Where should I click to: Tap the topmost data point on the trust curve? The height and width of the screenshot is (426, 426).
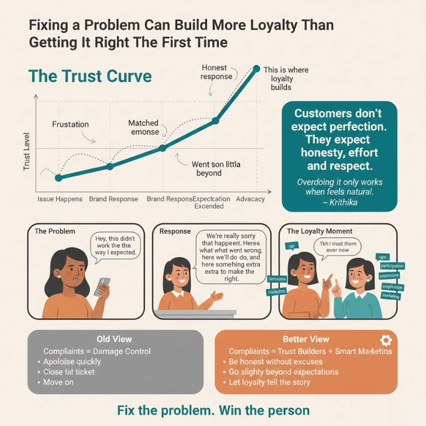click(x=256, y=69)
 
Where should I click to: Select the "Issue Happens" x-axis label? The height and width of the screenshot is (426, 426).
click(x=60, y=199)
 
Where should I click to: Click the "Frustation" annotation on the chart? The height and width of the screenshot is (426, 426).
click(x=70, y=125)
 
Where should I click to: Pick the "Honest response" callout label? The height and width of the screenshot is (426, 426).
click(x=216, y=72)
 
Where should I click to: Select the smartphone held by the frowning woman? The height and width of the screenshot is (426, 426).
click(x=102, y=287)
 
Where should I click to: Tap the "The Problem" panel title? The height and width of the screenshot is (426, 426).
click(x=55, y=232)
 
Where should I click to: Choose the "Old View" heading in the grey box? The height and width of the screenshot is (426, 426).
click(x=114, y=339)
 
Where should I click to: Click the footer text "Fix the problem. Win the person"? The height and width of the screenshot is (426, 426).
click(x=212, y=411)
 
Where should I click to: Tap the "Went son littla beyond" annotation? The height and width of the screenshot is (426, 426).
click(x=216, y=169)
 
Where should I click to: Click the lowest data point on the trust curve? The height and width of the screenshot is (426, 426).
click(x=58, y=177)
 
